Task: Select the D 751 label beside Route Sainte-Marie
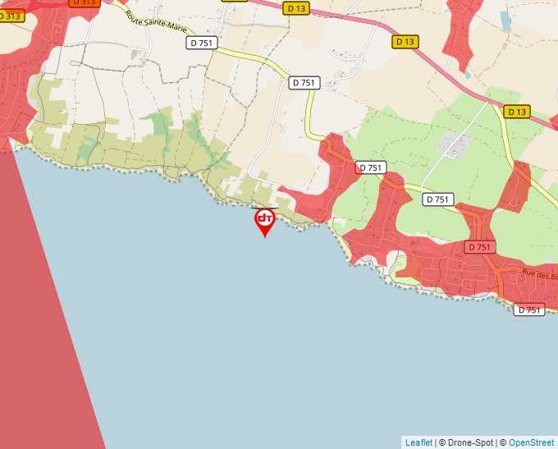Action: pos(202,43)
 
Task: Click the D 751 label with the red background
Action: pos(480,247)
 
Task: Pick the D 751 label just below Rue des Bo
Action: pos(530,309)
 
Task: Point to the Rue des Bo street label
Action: pos(539,276)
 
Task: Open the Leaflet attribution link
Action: pos(418,442)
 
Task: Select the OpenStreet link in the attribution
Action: pos(531,442)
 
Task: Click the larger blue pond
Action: pos(504,20)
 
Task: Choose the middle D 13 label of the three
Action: pos(405,41)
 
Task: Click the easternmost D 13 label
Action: pos(516,112)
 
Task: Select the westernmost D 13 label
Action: pos(297,7)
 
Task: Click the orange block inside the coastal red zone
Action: pos(414,269)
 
